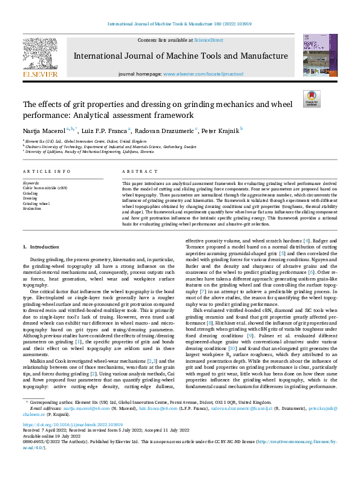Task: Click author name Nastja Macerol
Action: point(44,129)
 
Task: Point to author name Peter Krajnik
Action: point(220,129)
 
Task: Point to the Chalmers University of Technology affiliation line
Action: point(110,146)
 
